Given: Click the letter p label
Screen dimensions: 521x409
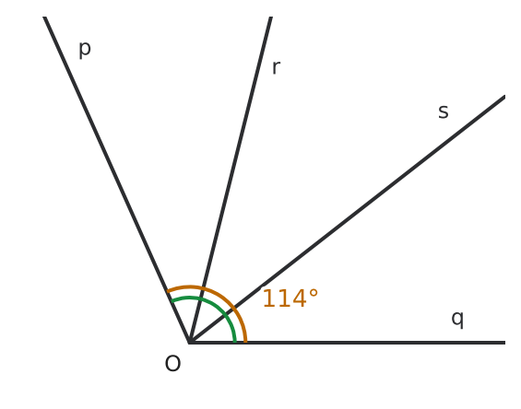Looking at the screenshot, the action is (85, 50).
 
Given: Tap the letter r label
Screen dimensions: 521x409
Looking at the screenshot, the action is (276, 67).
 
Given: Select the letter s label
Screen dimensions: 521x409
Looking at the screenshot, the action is (444, 111).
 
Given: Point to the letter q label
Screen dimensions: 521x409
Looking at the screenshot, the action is (457, 319).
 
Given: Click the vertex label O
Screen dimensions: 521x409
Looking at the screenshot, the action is (172, 364).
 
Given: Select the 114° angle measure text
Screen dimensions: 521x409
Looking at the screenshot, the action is (290, 298).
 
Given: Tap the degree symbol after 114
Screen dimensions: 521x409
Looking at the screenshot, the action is (314, 294).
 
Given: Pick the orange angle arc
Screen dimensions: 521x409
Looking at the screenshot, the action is (226, 299).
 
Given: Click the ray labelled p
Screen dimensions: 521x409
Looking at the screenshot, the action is (116, 180).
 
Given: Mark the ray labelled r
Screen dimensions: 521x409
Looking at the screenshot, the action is (231, 180).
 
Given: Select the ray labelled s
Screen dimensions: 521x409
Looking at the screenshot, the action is (348, 219).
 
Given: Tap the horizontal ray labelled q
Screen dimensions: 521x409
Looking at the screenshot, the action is (348, 343).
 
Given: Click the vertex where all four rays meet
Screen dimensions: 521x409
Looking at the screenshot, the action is (189, 343).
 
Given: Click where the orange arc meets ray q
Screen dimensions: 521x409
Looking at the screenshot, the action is (245, 342).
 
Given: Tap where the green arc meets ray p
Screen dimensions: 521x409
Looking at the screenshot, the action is (172, 300).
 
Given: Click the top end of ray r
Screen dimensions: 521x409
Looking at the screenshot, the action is (271, 17).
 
